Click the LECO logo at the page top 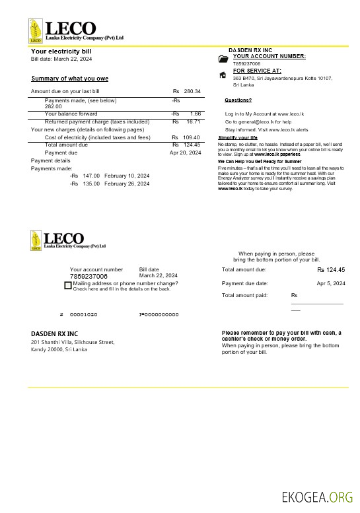click(63, 32)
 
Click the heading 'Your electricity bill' click(61, 51)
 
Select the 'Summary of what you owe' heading click(69, 79)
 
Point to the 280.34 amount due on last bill click(192, 91)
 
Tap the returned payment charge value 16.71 click(193, 122)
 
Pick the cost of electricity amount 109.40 click(191, 137)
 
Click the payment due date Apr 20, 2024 click(185, 153)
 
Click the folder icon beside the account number click(223, 59)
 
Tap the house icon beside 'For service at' click(223, 75)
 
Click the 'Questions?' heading click(238, 100)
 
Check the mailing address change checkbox click(67, 285)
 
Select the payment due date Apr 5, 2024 click(331, 283)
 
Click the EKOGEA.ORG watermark click(317, 496)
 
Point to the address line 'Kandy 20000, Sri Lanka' click(59, 349)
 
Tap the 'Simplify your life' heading click(238, 137)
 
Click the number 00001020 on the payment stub click(83, 314)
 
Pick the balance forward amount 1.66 click(196, 114)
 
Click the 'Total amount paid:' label click(244, 295)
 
